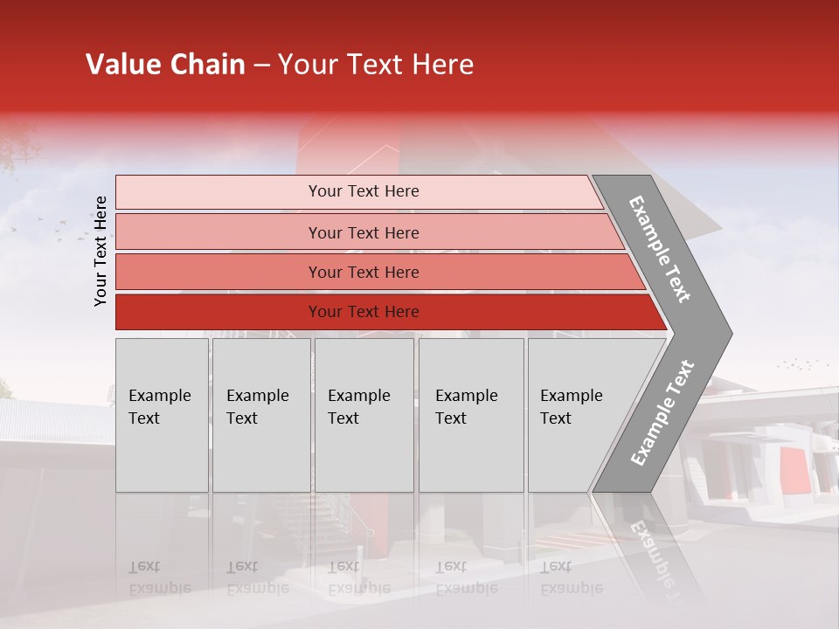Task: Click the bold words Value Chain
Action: (x=165, y=65)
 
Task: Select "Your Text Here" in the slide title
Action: (x=375, y=65)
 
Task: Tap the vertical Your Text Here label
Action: (x=101, y=251)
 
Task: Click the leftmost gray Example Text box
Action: (x=162, y=415)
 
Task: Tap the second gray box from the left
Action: (x=260, y=415)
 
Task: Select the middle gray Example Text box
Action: (x=364, y=415)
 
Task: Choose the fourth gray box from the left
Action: (x=471, y=415)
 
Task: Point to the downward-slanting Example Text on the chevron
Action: (x=660, y=249)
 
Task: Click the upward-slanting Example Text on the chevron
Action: (x=662, y=412)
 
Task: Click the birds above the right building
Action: (x=802, y=363)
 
